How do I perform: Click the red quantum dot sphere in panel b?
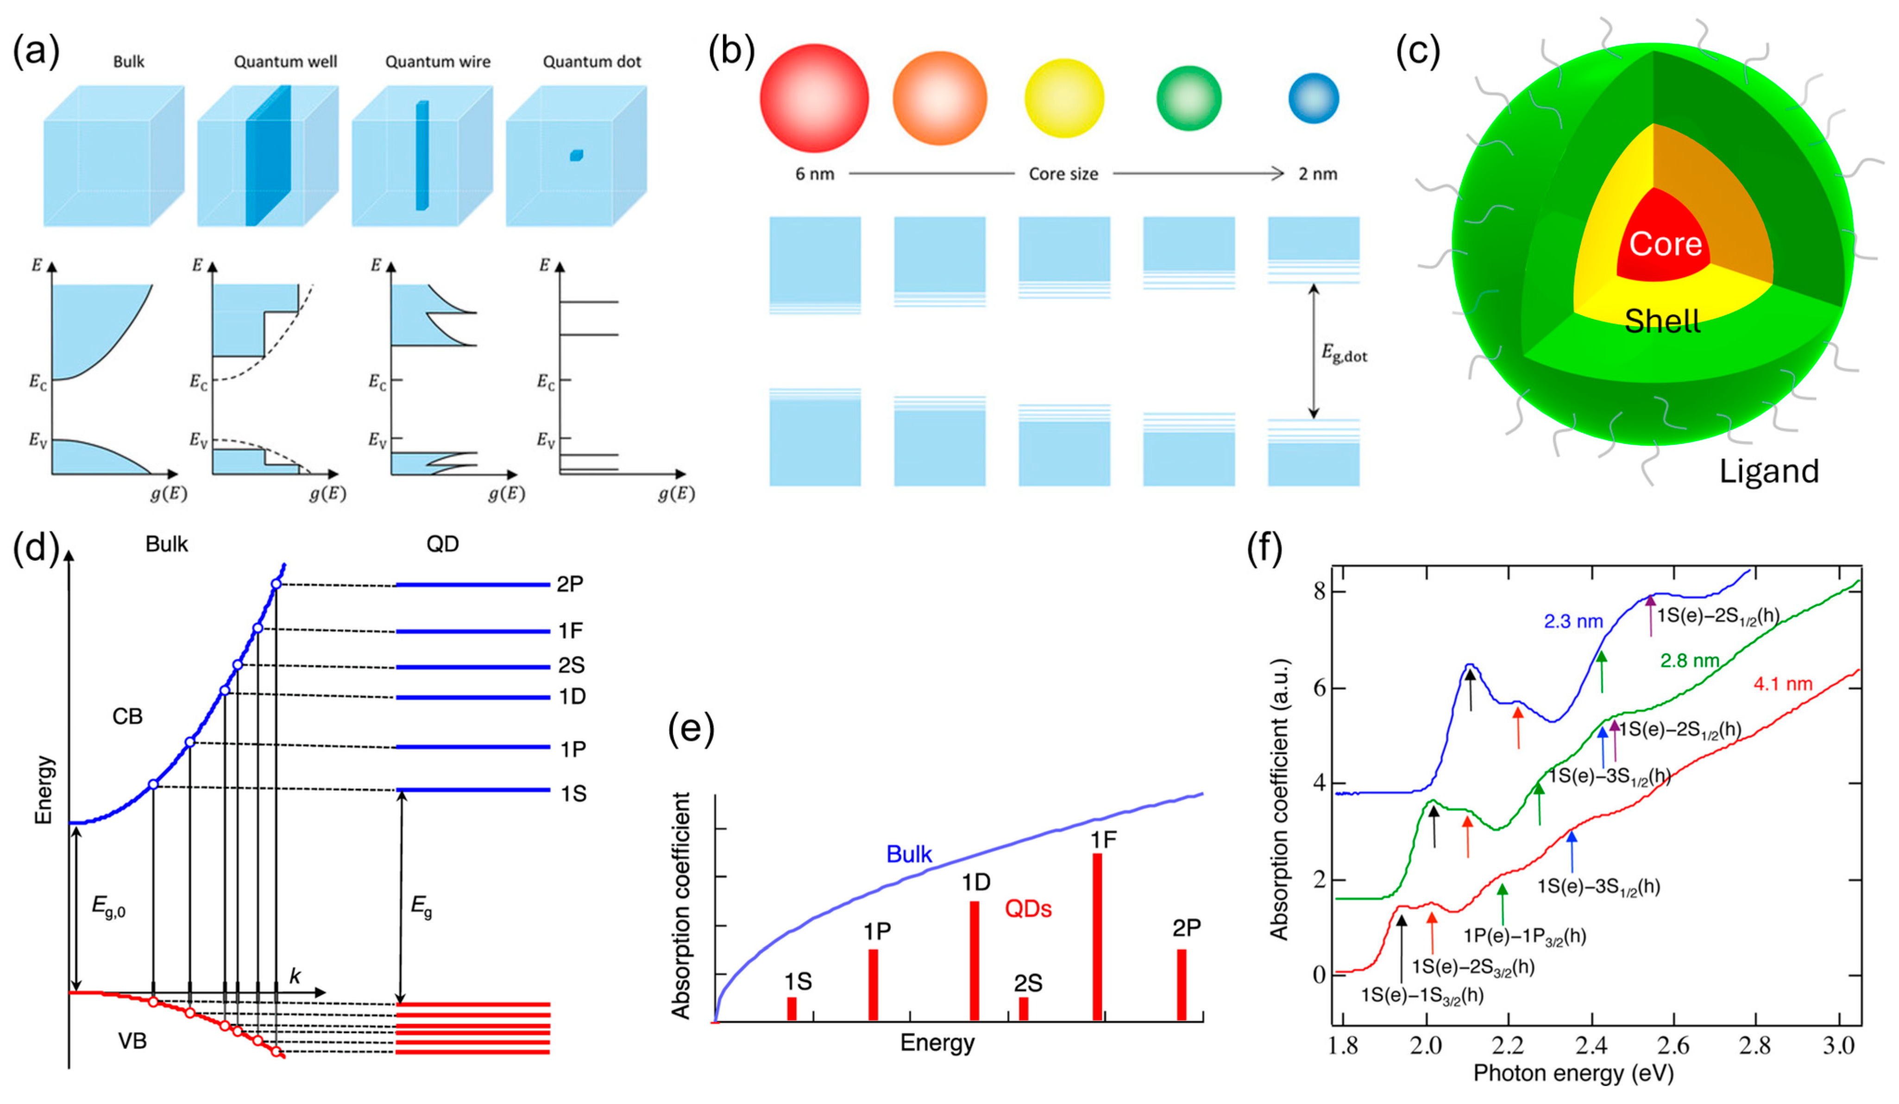(x=814, y=98)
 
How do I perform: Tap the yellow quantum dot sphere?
(x=1064, y=98)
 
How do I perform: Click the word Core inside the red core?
(x=1666, y=243)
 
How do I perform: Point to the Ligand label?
(x=1769, y=471)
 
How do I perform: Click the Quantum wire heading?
(x=438, y=62)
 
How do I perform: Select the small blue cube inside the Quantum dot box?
(x=577, y=155)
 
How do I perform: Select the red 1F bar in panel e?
(x=1097, y=937)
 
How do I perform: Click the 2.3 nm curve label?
(x=1573, y=622)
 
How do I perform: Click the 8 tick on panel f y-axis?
(x=1319, y=592)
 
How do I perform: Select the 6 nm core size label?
(x=815, y=174)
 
